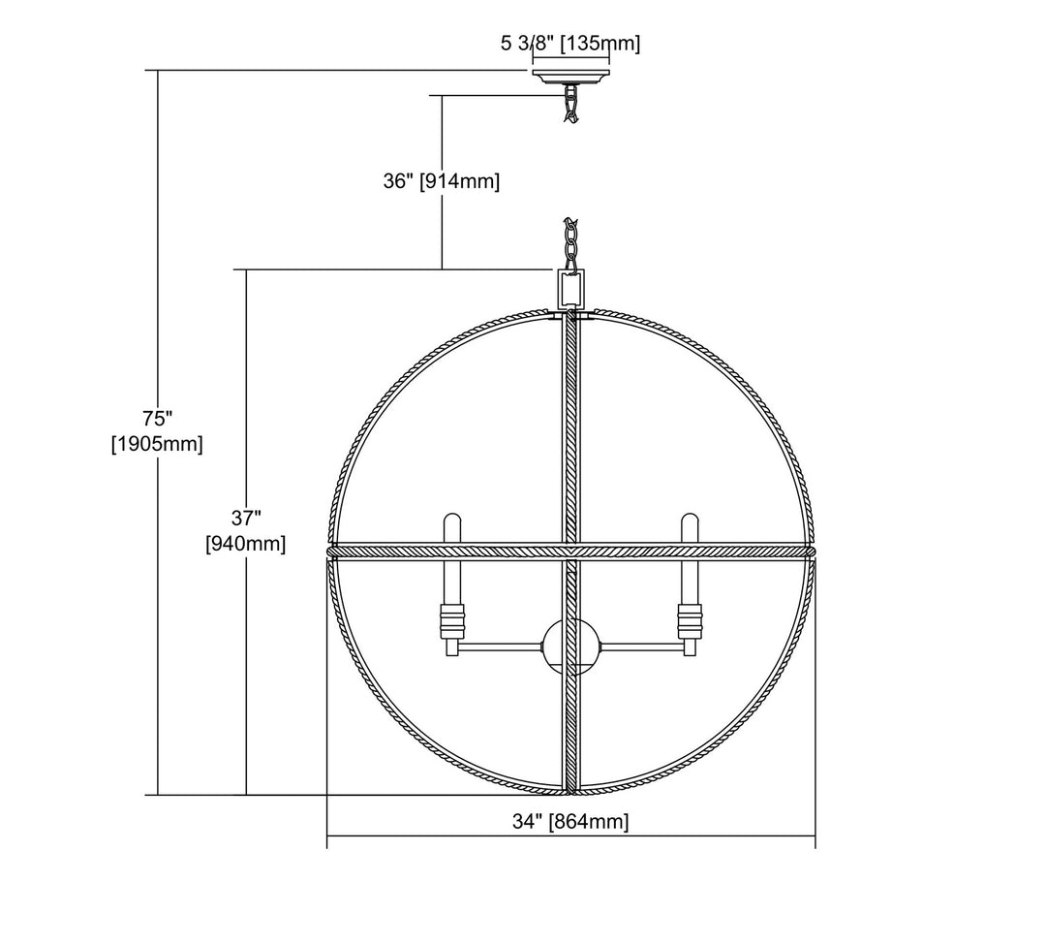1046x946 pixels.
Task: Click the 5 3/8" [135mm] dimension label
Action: [x=569, y=44]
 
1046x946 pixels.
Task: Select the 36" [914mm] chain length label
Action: [x=441, y=181]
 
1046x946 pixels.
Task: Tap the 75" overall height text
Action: [x=158, y=419]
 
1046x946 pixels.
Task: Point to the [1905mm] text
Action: [x=157, y=443]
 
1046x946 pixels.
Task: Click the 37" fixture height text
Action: [x=245, y=518]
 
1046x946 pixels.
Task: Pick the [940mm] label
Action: [x=245, y=544]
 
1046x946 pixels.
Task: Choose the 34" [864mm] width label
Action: [x=570, y=821]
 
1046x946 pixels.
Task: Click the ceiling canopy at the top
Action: [x=570, y=75]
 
